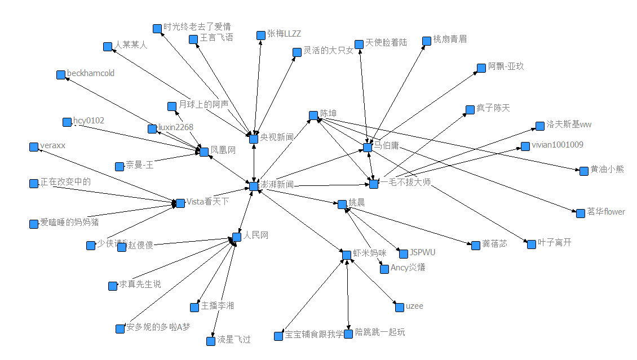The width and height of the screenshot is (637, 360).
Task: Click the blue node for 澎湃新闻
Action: tap(254, 186)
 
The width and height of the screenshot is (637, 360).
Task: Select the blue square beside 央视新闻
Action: tap(254, 139)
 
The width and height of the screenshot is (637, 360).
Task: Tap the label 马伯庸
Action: tap(386, 145)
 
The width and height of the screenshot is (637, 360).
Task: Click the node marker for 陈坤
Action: tap(313, 115)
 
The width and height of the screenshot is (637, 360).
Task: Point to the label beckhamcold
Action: tap(90, 73)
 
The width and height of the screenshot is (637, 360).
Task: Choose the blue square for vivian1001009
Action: tap(525, 146)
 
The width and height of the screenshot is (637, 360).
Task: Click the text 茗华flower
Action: tap(606, 212)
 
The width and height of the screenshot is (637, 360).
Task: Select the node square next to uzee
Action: tap(399, 308)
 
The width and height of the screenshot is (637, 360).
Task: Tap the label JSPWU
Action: tap(422, 252)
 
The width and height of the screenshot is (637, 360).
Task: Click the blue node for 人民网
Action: tap(237, 237)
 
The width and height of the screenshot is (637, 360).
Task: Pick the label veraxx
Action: tap(53, 145)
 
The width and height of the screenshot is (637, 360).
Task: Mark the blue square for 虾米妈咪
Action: tap(347, 255)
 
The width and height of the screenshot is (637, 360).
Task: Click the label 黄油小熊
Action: tap(607, 169)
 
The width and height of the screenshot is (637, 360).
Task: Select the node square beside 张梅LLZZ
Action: tap(261, 35)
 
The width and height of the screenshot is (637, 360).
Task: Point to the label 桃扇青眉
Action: tap(450, 39)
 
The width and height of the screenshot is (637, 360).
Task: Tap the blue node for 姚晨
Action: tap(342, 204)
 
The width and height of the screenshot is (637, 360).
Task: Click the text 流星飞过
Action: tap(234, 340)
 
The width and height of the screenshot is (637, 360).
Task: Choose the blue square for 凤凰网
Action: tap(204, 152)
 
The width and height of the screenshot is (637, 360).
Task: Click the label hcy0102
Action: tap(89, 121)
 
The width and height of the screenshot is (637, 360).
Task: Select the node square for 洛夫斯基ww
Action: tap(540, 126)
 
